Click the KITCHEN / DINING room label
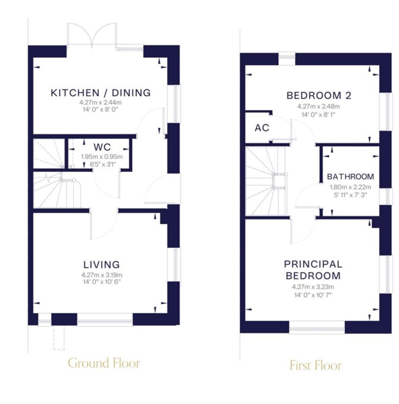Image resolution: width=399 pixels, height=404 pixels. tap(101, 93)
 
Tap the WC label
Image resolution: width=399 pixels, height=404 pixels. tap(102, 147)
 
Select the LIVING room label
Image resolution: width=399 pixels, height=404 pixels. tap(102, 265)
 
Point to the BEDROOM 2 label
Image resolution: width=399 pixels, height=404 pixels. tap(319, 96)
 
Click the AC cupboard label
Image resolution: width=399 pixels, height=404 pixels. tap(262, 128)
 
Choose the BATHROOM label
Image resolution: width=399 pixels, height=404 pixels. tap(350, 177)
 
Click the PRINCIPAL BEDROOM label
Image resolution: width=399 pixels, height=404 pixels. tap(313, 270)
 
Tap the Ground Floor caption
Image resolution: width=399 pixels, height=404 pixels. tap(104, 363)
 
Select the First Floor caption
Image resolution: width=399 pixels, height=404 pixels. tap(316, 365)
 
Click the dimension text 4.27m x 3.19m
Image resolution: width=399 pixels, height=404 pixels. tap(102, 275)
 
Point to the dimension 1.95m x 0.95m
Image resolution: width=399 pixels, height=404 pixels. tap(102, 157)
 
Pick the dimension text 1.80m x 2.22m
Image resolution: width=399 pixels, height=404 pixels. tap(350, 187)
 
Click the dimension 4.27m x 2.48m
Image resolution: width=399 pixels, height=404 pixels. tap(318, 106)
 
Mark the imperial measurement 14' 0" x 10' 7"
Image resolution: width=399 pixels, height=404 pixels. tap(313, 295)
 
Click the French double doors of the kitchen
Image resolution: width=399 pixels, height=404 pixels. tap(92, 35)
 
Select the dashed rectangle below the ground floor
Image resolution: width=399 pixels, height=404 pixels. tap(59, 338)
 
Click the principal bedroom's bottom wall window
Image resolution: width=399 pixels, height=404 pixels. tap(317, 328)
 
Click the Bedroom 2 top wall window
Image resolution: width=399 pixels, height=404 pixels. tap(287, 59)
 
